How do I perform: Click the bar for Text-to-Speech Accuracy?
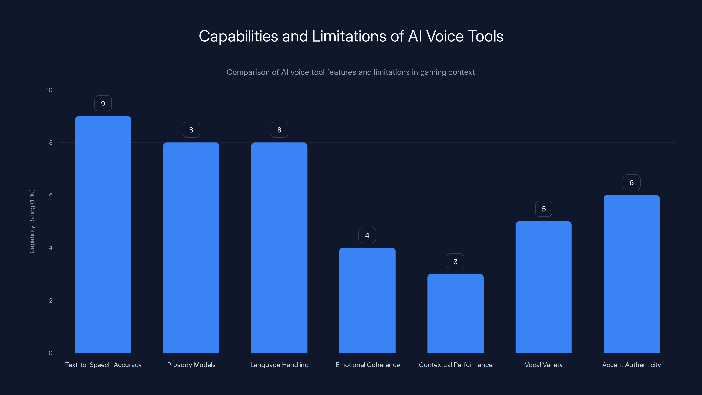click(103, 234)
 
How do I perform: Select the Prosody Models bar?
click(191, 248)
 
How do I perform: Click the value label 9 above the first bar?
click(103, 104)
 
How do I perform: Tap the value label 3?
click(455, 262)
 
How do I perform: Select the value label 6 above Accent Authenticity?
click(631, 183)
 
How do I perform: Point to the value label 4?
click(367, 235)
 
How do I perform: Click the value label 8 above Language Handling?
click(279, 130)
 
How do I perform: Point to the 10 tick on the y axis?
click(49, 90)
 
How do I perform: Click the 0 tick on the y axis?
click(50, 353)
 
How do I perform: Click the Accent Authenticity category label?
click(631, 365)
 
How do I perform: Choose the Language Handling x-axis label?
click(279, 365)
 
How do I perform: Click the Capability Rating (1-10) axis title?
click(32, 221)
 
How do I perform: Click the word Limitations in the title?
click(349, 36)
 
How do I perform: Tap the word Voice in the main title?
click(445, 36)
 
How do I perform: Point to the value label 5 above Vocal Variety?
click(544, 209)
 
